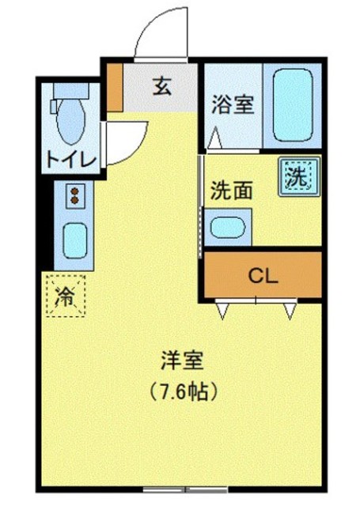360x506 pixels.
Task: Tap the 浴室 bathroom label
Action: tap(233, 104)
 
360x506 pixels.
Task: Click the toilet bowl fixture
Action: tap(70, 117)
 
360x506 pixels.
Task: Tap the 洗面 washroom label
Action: tap(232, 191)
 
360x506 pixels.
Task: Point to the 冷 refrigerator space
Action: tap(66, 296)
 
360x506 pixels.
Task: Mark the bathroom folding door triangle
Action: tap(214, 142)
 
